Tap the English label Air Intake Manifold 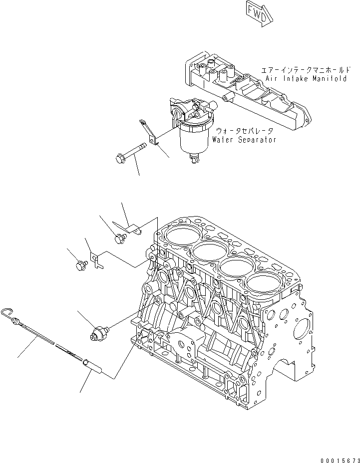pos(306,79)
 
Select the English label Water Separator pos(244,140)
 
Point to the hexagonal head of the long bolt pos(119,159)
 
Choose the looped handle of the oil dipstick pos(8,312)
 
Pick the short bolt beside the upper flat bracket pos(120,238)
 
